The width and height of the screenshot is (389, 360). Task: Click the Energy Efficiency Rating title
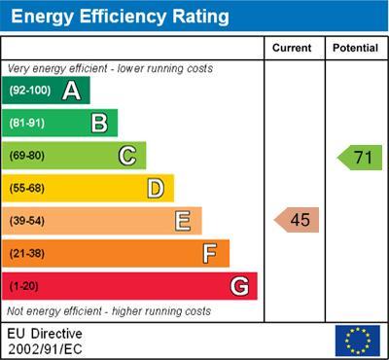(x=120, y=17)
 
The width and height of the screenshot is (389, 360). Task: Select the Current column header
(x=292, y=48)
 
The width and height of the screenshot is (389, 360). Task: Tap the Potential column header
(x=355, y=48)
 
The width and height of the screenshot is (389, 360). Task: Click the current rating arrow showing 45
(x=298, y=220)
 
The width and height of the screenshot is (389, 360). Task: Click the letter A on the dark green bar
(x=71, y=90)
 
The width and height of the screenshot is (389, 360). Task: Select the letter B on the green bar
(x=99, y=123)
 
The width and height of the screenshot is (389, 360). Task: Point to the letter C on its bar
(x=127, y=156)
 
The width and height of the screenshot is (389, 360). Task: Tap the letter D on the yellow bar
(x=156, y=188)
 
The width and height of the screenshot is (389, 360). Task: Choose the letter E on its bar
(x=183, y=221)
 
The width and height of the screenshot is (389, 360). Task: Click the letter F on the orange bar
(x=210, y=253)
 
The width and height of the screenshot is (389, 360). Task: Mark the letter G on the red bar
(x=239, y=286)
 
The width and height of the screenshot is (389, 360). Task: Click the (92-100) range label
(x=29, y=91)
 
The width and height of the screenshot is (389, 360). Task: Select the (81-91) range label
(x=27, y=124)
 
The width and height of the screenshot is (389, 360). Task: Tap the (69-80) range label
(x=27, y=156)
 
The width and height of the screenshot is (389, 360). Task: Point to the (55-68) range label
(x=27, y=189)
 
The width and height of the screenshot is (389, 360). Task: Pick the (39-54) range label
(x=27, y=221)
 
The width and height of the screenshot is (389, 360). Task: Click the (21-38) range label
(x=27, y=254)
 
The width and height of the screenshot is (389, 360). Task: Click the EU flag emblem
(x=357, y=340)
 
